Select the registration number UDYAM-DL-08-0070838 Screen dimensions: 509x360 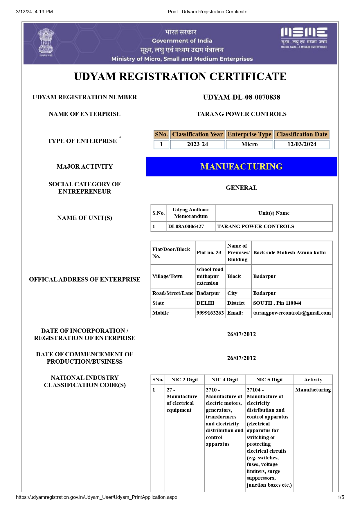[242, 97]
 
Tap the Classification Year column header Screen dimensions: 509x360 [197, 134]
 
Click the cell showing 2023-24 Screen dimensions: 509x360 [197, 144]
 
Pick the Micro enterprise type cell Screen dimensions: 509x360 [249, 144]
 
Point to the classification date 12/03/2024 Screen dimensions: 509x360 [302, 144]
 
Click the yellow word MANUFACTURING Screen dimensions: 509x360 [242, 167]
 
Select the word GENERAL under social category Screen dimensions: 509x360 [242, 188]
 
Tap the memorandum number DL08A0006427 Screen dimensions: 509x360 [186, 226]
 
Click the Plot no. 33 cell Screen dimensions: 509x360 [209, 252]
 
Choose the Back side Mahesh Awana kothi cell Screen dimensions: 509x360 [289, 252]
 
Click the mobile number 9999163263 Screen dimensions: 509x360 [210, 313]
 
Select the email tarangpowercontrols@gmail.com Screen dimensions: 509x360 [292, 313]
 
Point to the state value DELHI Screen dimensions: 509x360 [206, 303]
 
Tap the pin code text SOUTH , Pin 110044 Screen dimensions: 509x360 [277, 303]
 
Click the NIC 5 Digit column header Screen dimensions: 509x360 [269, 380]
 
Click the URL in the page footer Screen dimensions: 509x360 [96, 497]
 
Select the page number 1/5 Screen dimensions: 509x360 [341, 497]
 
